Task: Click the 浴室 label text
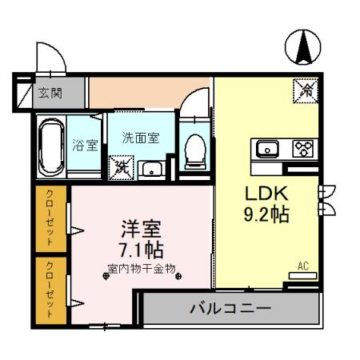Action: coord(84,146)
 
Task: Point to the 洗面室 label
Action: coord(140,138)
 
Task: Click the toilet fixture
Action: coord(193,149)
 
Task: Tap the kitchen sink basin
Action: coord(266,148)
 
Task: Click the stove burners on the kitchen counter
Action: coord(302,148)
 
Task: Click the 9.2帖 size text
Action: coord(266,214)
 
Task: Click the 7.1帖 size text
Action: coord(141,248)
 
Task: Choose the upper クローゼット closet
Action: coord(51,218)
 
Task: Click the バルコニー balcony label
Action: coord(230,307)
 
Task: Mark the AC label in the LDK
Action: coord(303,266)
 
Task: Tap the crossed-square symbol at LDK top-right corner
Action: coord(305,91)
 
